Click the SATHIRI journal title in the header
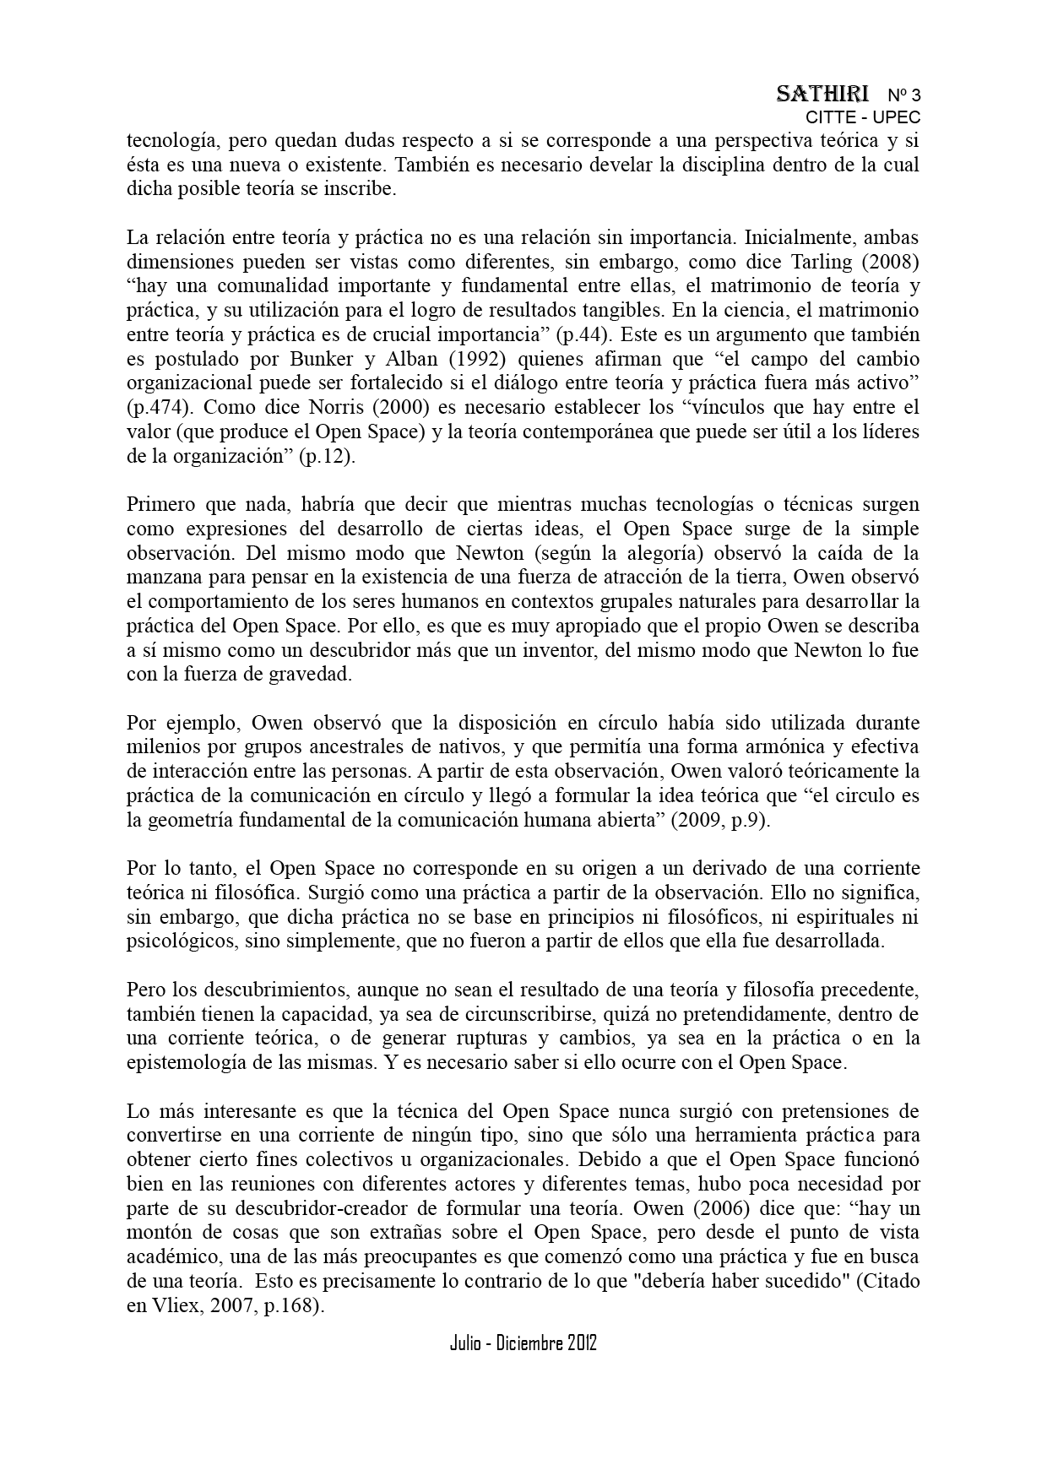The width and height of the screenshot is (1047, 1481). pos(822,94)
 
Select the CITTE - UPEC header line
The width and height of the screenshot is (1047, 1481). pos(862,117)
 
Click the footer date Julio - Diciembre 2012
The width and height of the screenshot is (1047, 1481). pos(523,1343)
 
